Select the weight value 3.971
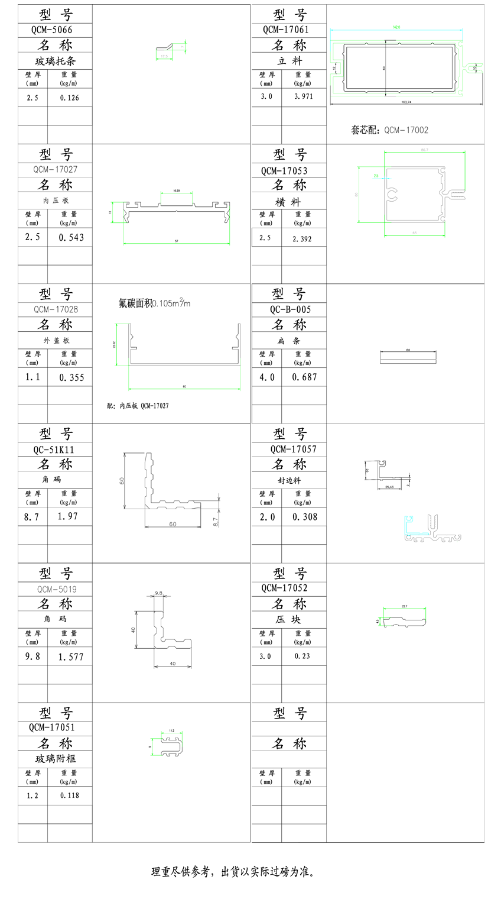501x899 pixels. tap(302, 96)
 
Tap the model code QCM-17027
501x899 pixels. tap(55, 170)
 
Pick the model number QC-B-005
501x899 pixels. tap(291, 309)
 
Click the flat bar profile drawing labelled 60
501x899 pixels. tap(408, 357)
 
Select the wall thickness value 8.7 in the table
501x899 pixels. tap(32, 516)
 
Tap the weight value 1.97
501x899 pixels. tap(67, 516)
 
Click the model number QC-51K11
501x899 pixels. tap(54, 449)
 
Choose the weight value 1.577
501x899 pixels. tap(71, 657)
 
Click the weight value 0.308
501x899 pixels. tap(305, 517)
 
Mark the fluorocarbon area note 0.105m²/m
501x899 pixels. tap(155, 303)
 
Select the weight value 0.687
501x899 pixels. tap(305, 377)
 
